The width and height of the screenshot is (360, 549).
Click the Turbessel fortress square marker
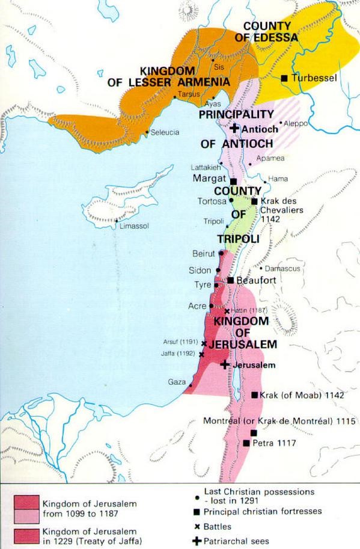pyautogui.click(x=284, y=78)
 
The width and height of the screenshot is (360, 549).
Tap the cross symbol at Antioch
pyautogui.click(x=234, y=129)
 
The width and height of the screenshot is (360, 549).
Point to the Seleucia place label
pyautogui.click(x=165, y=132)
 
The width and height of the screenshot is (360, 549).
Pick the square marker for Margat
pyautogui.click(x=233, y=180)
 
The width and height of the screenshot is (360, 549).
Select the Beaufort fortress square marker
pyautogui.click(x=230, y=280)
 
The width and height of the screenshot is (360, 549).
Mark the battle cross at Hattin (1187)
pyautogui.click(x=226, y=311)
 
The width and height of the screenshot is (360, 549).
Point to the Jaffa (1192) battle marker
pyautogui.click(x=201, y=355)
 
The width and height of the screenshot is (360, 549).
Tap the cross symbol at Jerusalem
pyautogui.click(x=224, y=364)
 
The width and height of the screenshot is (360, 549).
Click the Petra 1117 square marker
pyautogui.click(x=246, y=443)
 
